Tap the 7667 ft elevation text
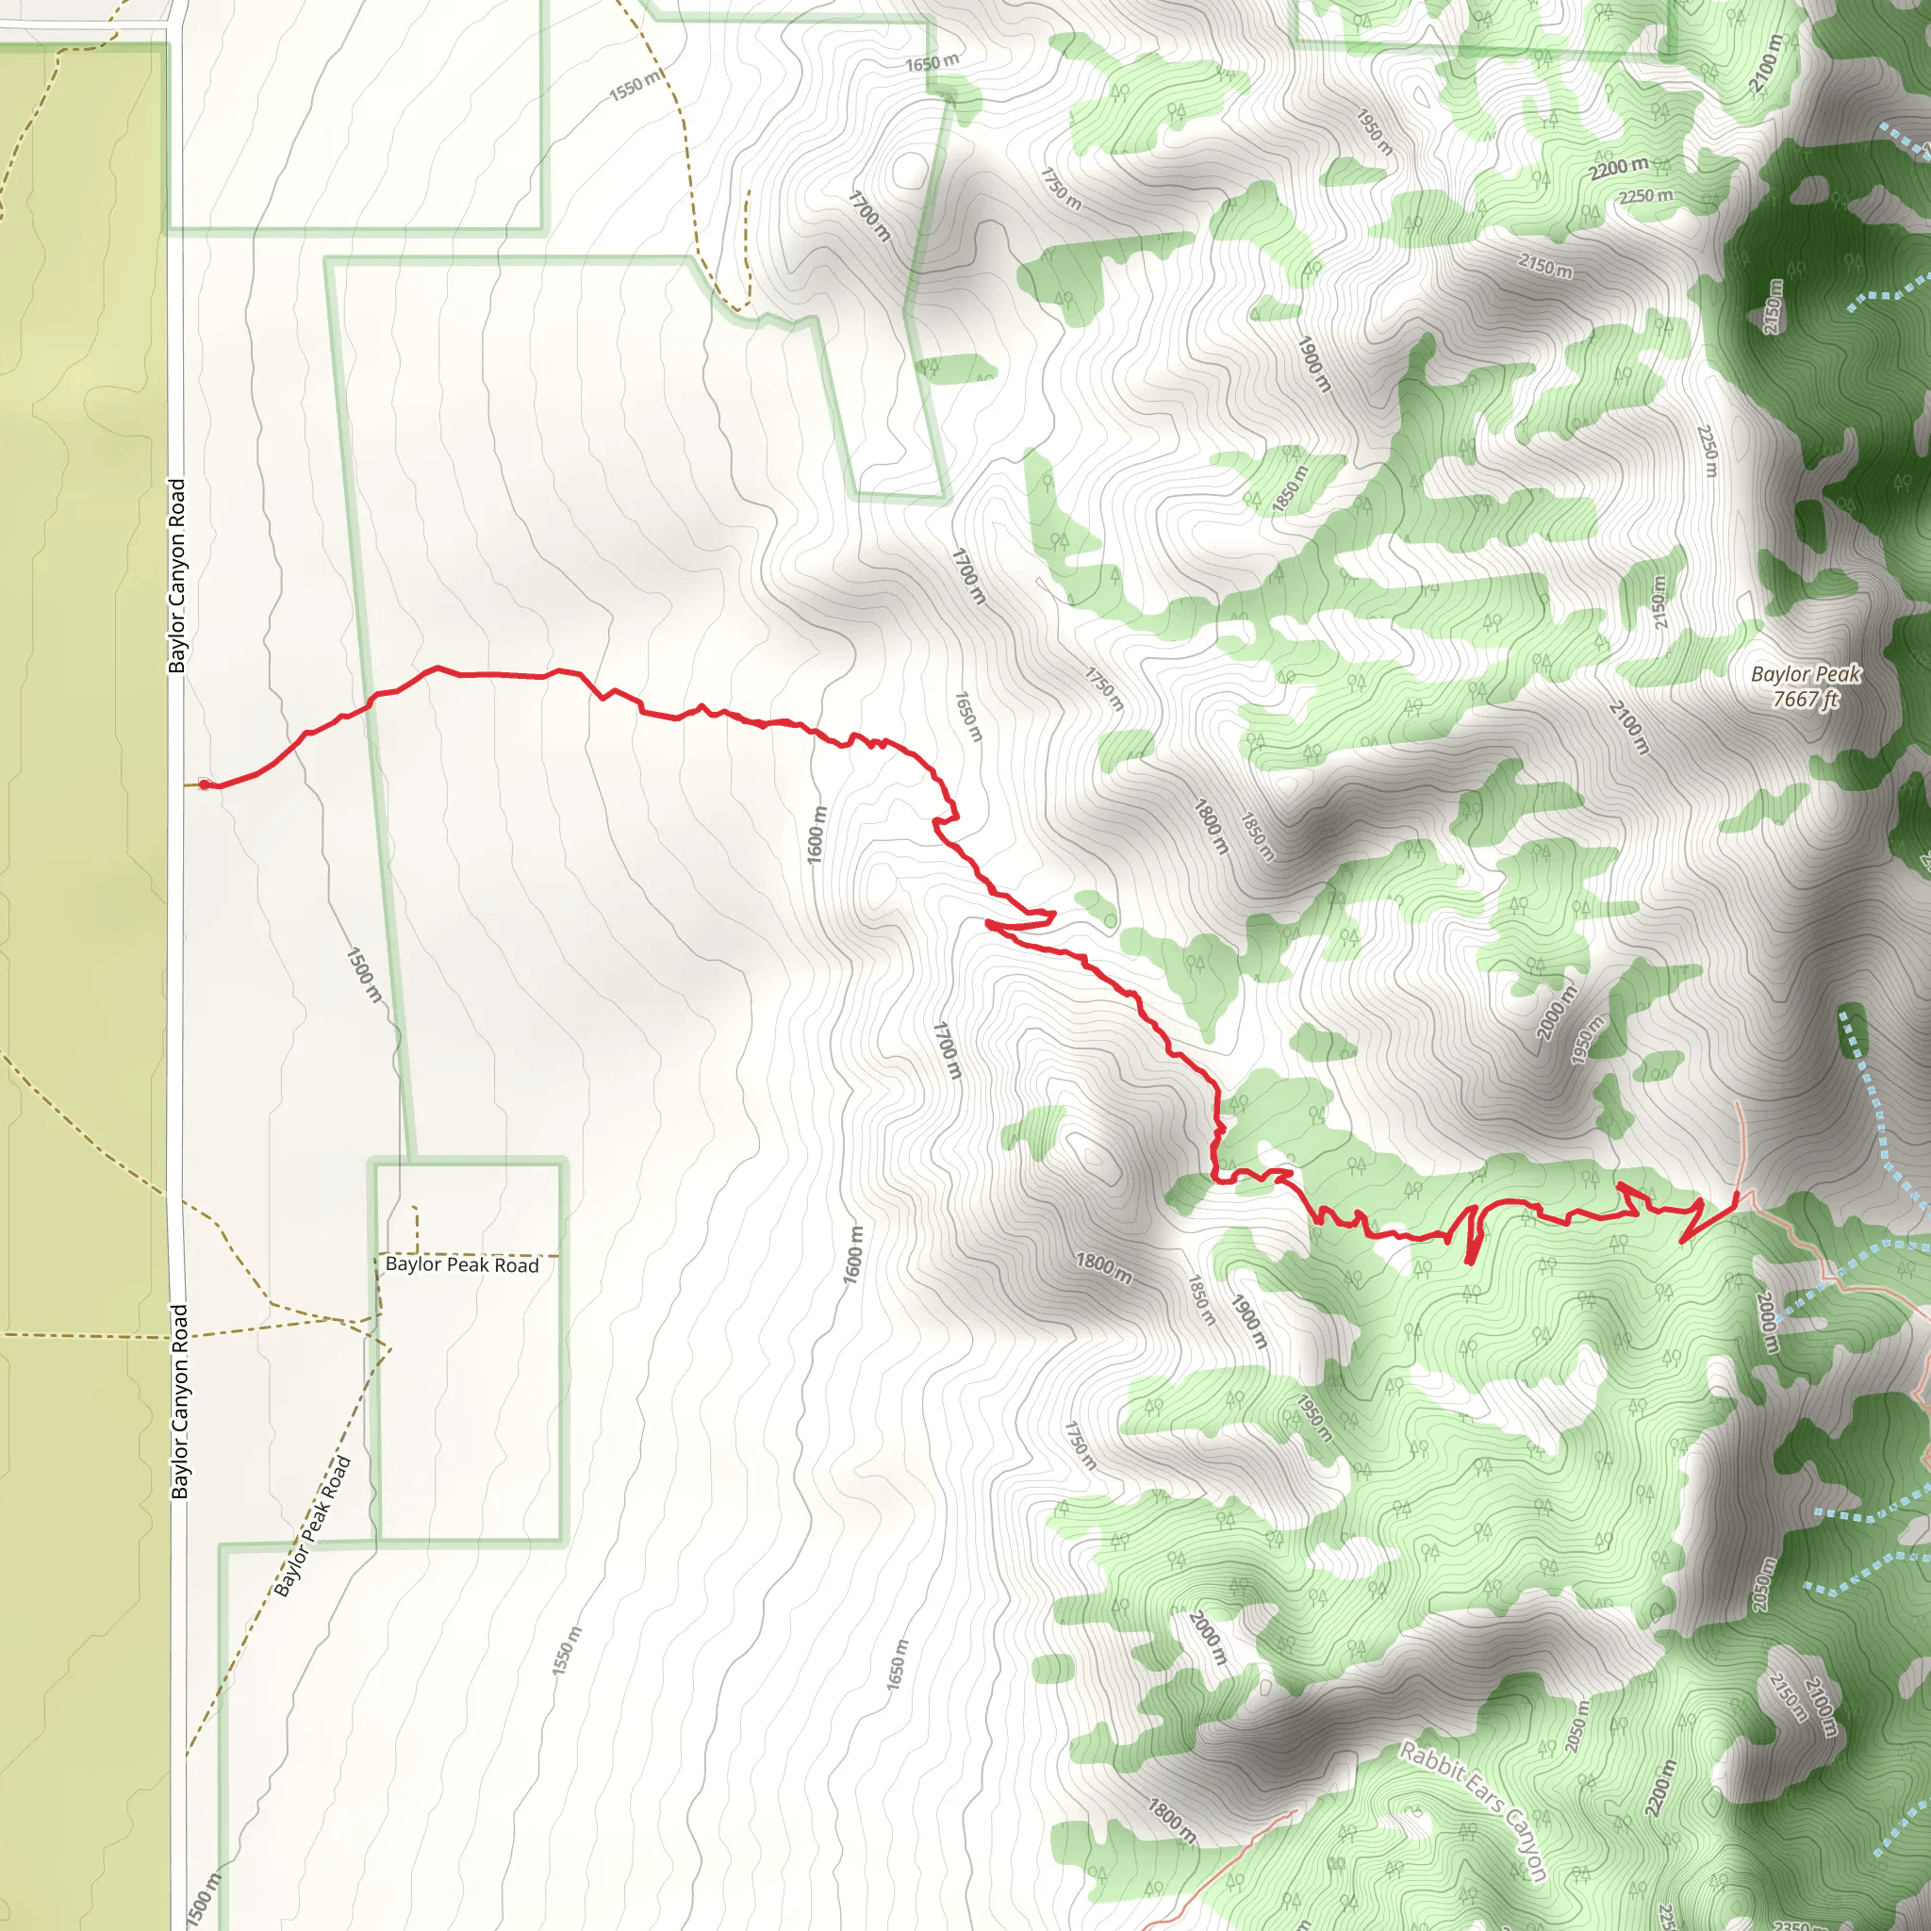coord(1805,699)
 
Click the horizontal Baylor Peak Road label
coord(462,1265)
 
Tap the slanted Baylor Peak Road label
coord(312,1527)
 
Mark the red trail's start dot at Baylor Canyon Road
coord(204,784)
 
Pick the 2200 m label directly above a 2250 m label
coord(1619,168)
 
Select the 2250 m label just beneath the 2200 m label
coord(1646,196)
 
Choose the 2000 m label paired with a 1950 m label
coord(1556,1013)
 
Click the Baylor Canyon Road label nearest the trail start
coord(177,576)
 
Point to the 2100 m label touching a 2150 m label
coord(1822,1710)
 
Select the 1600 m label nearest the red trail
coord(817,834)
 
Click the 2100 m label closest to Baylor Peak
coord(1628,728)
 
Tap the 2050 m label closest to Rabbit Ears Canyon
coord(1576,1726)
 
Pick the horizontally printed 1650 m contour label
coord(932,63)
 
